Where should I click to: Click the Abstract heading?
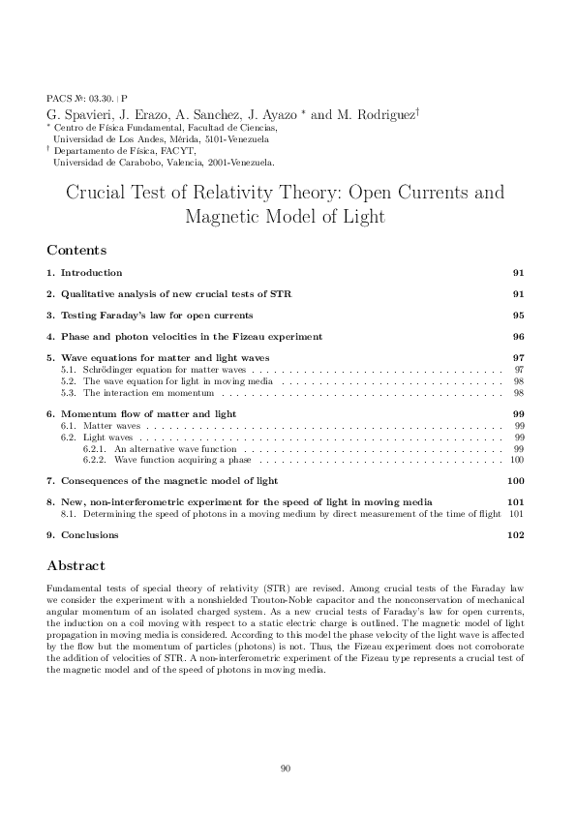pyautogui.click(x=76, y=565)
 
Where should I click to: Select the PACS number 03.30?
pyautogui.click(x=101, y=99)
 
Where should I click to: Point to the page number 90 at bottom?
pyautogui.click(x=286, y=768)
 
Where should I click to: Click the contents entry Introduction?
pyautogui.click(x=91, y=273)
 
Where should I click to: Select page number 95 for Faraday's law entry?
pyautogui.click(x=518, y=316)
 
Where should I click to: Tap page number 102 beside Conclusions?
pyautogui.click(x=515, y=535)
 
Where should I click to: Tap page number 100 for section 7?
pyautogui.click(x=515, y=481)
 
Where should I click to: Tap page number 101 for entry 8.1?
pyautogui.click(x=516, y=513)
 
